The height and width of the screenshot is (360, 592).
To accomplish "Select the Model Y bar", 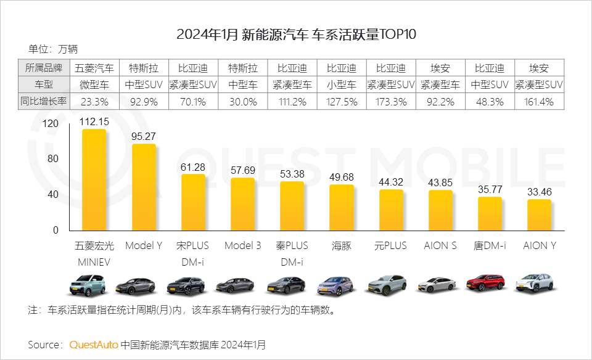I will point(144,187).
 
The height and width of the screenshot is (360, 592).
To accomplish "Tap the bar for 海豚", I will point(342,207).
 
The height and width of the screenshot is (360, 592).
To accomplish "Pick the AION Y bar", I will point(539,215).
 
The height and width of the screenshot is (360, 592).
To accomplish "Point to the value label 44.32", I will point(391,182).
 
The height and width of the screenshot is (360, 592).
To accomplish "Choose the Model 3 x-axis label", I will point(242,245).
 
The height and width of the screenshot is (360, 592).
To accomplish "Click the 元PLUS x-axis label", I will point(391,245).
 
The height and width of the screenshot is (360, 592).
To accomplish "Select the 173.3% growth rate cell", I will point(391,102).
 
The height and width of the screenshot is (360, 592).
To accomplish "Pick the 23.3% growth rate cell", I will point(94,102).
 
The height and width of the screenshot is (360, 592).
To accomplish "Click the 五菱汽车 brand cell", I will point(94,68).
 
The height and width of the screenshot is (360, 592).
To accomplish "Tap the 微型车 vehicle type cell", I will point(94,84).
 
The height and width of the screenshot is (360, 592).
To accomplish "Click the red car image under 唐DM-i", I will point(490,282).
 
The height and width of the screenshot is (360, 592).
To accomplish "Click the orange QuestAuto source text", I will point(94,344).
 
